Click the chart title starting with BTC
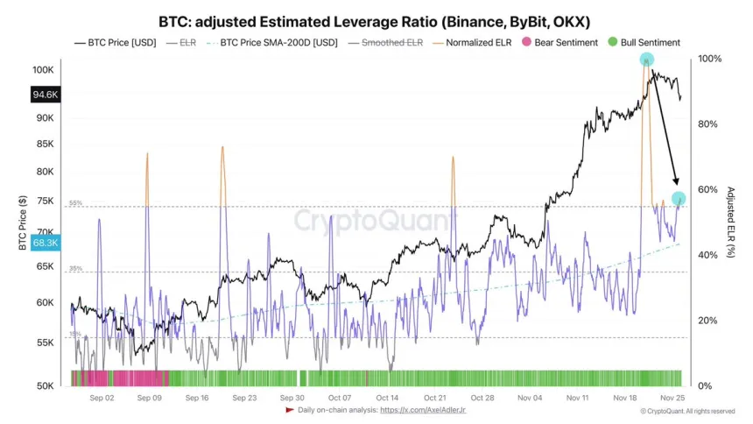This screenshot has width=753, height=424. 376,21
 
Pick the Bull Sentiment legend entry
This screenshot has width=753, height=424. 644,42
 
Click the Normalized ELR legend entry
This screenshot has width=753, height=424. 476,42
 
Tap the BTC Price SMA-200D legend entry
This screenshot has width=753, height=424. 272,42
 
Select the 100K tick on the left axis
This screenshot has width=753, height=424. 44,69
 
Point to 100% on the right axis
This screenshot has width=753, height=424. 710,59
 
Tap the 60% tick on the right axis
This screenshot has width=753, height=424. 709,190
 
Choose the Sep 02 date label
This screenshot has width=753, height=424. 102,398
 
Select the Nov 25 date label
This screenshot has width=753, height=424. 672,398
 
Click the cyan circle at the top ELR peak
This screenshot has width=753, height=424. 646,60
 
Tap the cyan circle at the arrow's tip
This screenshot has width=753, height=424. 678,199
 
